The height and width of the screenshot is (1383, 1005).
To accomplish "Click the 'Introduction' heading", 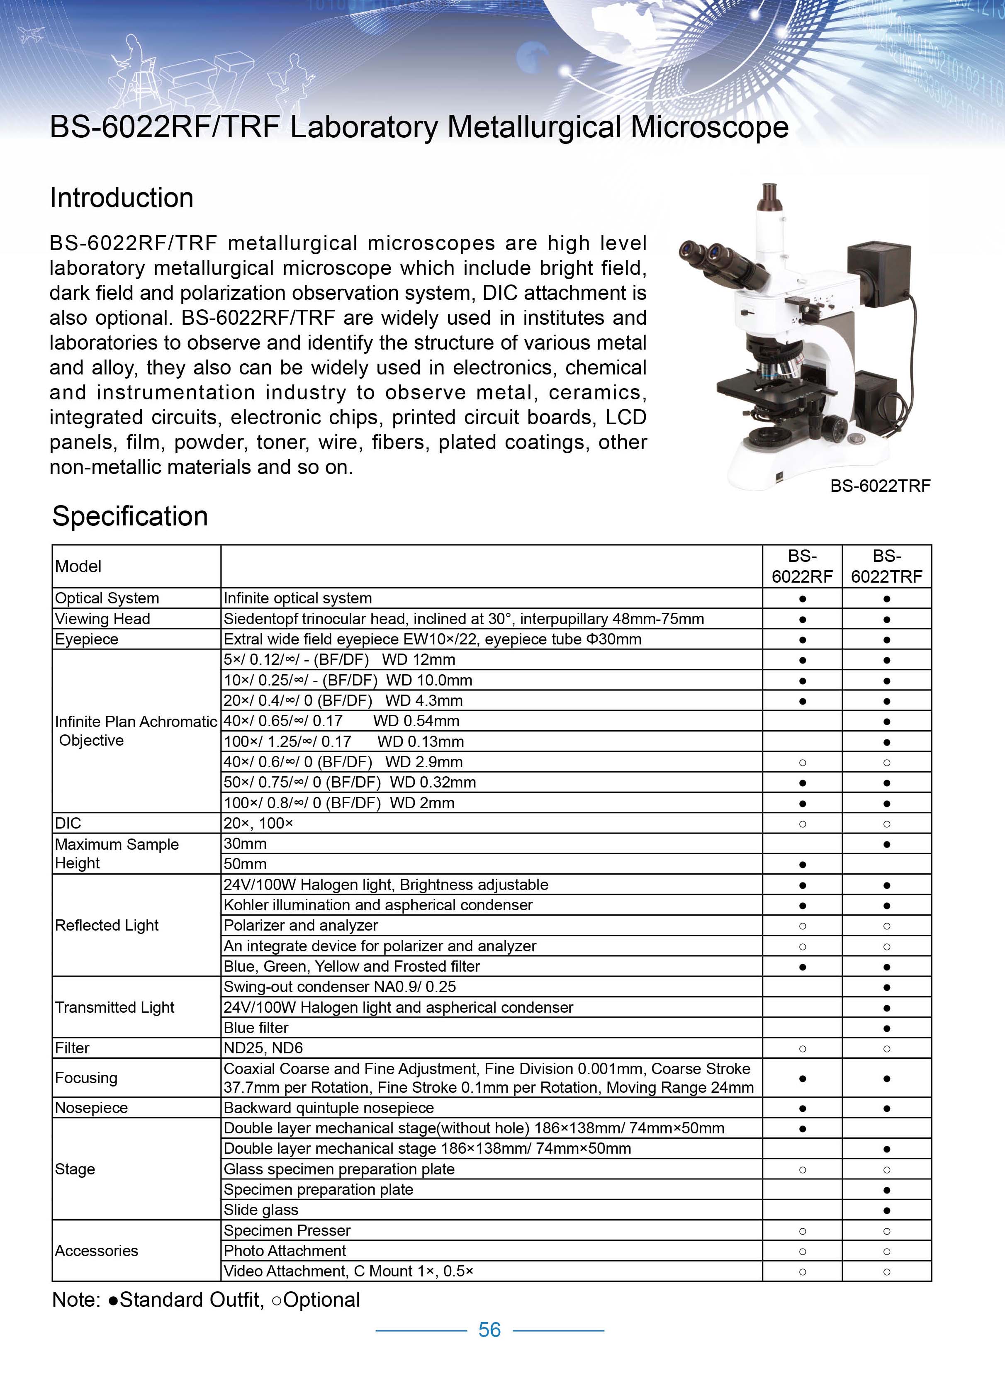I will tap(122, 198).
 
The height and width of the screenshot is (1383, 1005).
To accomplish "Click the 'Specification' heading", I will tap(130, 516).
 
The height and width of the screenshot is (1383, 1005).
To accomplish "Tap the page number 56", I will tap(490, 1330).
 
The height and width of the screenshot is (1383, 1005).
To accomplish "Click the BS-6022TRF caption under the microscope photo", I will tap(880, 486).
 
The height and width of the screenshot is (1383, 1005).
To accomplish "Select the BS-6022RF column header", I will tap(802, 566).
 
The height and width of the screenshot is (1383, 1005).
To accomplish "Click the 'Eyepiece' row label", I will tap(87, 639).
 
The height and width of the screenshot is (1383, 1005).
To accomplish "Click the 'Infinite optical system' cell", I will tap(297, 598).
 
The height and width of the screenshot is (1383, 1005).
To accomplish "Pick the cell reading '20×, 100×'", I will tap(258, 823).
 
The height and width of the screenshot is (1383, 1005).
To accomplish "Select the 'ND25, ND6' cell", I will tap(263, 1048).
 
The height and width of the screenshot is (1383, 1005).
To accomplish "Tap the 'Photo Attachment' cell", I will tap(285, 1251).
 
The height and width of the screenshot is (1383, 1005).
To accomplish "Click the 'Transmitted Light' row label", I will tap(114, 1007).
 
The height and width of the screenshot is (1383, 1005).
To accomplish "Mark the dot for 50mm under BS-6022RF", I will tap(802, 864).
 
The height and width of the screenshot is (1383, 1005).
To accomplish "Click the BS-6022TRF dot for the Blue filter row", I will tap(887, 1028).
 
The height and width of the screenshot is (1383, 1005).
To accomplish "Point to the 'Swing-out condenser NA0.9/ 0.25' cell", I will tap(340, 987).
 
